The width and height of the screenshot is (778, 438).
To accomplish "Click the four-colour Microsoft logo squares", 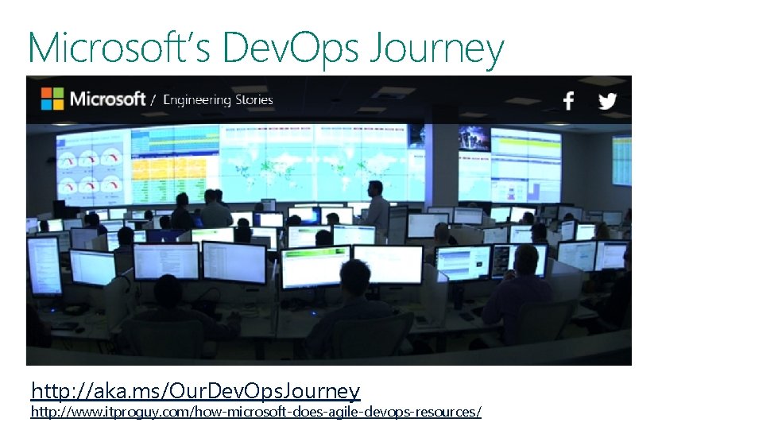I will click(52, 99).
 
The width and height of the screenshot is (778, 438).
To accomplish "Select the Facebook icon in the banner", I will click(568, 101).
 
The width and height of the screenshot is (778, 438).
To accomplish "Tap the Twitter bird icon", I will click(608, 101).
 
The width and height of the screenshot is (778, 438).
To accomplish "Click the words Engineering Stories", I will click(218, 100).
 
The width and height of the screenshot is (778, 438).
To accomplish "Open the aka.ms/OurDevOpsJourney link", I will click(195, 391).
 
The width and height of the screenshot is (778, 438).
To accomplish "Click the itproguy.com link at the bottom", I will click(255, 412).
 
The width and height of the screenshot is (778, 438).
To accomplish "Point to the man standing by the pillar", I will click(377, 205).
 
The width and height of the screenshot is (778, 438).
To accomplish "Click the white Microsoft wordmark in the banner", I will click(108, 99).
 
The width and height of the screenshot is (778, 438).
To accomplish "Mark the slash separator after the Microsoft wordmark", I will click(153, 100).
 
